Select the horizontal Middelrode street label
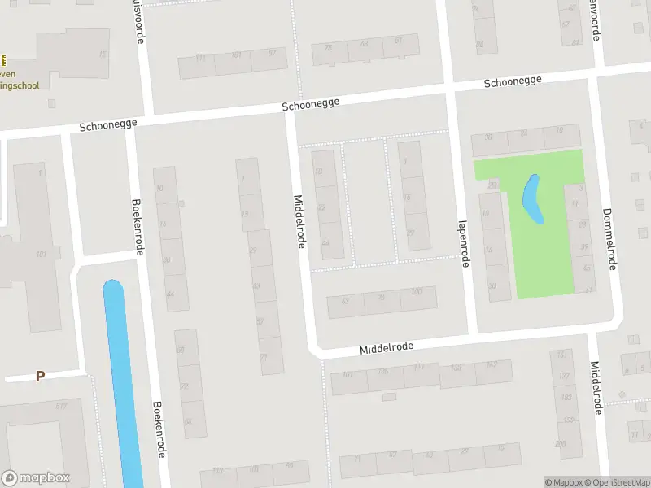tap(387, 347)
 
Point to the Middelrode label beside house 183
tap(596, 388)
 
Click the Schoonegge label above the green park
tap(513, 82)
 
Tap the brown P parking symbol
tap(39, 377)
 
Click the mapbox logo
tap(36, 477)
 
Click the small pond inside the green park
tap(531, 199)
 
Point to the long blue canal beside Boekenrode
tap(121, 382)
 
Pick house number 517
tap(61, 406)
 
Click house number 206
tap(560, 443)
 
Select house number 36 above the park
tap(488, 137)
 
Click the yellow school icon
tap(3, 60)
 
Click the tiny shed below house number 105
tap(389, 397)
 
